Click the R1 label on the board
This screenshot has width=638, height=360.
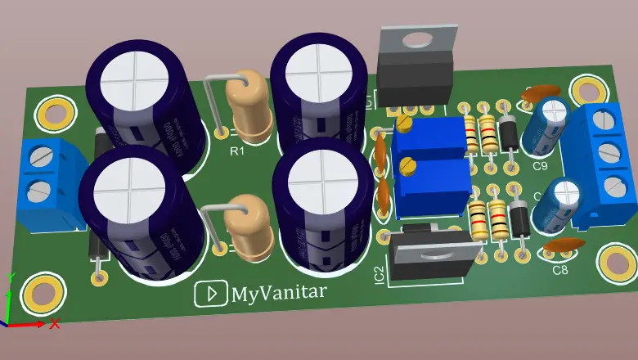tap(236, 151)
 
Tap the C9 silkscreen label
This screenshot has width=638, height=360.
tap(540, 166)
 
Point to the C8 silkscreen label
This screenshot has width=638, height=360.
tap(559, 270)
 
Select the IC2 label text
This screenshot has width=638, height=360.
tap(378, 272)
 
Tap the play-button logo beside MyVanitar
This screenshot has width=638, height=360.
tap(210, 295)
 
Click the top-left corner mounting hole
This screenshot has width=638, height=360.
tap(54, 114)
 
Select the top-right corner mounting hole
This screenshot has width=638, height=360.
tap(586, 89)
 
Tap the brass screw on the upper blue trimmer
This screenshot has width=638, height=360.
tap(404, 124)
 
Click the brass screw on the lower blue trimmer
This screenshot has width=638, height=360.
tap(407, 167)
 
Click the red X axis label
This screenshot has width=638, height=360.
tap(55, 324)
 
